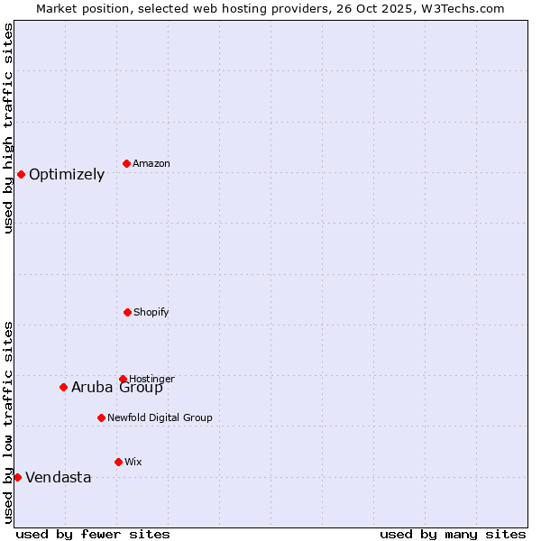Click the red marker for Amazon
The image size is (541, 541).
pyautogui.click(x=126, y=163)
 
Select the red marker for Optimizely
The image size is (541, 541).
pyautogui.click(x=21, y=174)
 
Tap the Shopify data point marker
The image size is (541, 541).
pyautogui.click(x=127, y=312)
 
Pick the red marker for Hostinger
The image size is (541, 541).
pyautogui.click(x=123, y=379)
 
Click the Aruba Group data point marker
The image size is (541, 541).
pyautogui.click(x=63, y=387)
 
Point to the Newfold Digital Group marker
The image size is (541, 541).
pyautogui.click(x=101, y=417)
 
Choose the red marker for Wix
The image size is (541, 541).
pyautogui.click(x=118, y=462)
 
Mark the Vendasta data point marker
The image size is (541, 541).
pyautogui.click(x=17, y=477)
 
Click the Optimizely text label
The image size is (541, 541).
pyautogui.click(x=67, y=175)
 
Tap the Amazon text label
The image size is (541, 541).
pyautogui.click(x=151, y=164)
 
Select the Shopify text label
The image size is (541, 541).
pyautogui.click(x=151, y=313)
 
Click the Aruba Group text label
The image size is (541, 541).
pyautogui.click(x=117, y=388)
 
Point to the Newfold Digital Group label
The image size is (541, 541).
pyautogui.click(x=160, y=418)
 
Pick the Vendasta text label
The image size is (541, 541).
pyautogui.click(x=59, y=478)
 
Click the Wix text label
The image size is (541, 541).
pyautogui.click(x=133, y=463)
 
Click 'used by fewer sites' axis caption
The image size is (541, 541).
pyautogui.click(x=93, y=534)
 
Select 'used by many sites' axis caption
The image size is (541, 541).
pyautogui.click(x=453, y=534)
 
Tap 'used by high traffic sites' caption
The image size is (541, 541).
pyautogui.click(x=8, y=128)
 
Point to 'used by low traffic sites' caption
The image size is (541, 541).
pyautogui.click(x=8, y=421)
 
